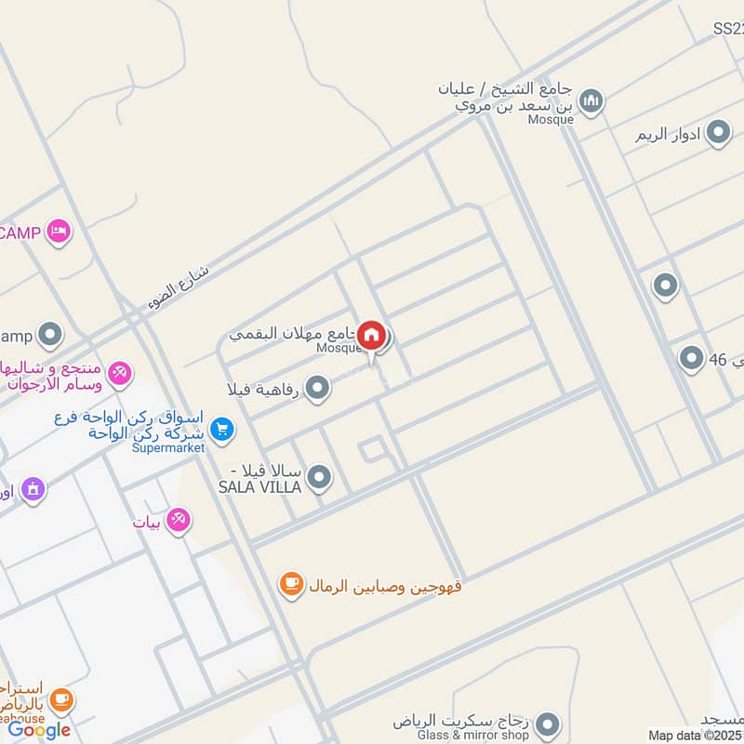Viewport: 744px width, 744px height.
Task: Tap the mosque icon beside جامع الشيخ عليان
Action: pos(591,100)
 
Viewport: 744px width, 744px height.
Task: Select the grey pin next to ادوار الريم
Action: pos(718,134)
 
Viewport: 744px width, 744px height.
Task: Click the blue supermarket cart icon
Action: pos(221,429)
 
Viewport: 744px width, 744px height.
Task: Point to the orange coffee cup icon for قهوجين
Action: pos(291,584)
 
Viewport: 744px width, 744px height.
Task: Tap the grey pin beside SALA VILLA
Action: pos(319,478)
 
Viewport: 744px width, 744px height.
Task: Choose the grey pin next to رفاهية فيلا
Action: pos(317,388)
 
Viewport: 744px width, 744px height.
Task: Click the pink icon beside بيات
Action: pos(178,521)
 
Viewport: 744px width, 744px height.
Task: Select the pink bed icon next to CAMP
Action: pos(59,232)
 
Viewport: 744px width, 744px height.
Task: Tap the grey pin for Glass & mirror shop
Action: pos(549,723)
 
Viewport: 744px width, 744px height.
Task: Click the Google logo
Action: pos(39,730)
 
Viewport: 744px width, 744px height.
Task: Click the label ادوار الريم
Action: pos(669,135)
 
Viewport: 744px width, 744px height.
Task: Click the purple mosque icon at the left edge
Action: pos(33,488)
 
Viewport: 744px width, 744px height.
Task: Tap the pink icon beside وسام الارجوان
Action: pos(119,374)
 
